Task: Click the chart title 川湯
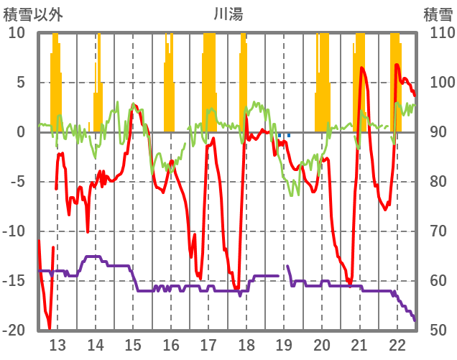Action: (x=227, y=14)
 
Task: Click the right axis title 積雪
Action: (x=438, y=14)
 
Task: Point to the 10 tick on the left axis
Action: (x=17, y=33)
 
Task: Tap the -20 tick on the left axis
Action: (x=14, y=331)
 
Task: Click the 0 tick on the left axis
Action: (x=21, y=132)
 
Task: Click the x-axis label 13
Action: (x=57, y=343)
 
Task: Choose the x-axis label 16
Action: (x=170, y=343)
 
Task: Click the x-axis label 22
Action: (x=397, y=343)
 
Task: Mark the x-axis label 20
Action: (x=321, y=343)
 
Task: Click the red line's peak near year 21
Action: (x=361, y=68)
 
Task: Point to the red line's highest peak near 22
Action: (x=397, y=65)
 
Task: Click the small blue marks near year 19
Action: (x=284, y=134)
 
